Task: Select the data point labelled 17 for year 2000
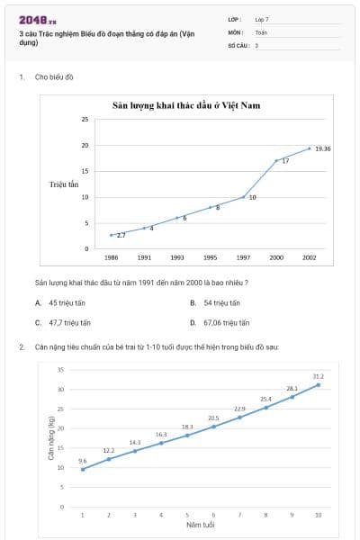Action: tap(276, 160)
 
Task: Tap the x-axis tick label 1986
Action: tap(111, 257)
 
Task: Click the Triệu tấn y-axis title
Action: tap(65, 184)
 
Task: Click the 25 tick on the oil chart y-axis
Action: tap(85, 119)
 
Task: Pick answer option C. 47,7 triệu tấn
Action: tap(67, 322)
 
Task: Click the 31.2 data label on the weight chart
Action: tap(318, 376)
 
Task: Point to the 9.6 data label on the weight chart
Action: tap(83, 460)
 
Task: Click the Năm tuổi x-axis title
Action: tap(200, 524)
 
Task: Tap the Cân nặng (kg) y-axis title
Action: tap(51, 437)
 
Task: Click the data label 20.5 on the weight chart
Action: tap(213, 418)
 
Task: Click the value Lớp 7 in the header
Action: tap(261, 18)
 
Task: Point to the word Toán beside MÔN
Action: tap(261, 31)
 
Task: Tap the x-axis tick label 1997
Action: tap(244, 257)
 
